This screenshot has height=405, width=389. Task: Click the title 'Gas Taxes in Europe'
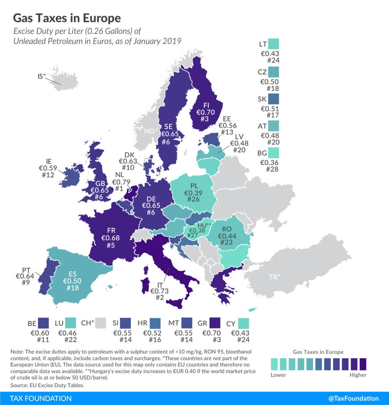(67, 18)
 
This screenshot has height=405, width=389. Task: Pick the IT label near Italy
(156, 284)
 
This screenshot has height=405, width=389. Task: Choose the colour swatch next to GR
(215, 324)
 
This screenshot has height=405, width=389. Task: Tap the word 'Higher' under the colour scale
(358, 375)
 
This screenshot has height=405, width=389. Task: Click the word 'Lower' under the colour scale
(278, 375)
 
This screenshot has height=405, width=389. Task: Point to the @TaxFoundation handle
(353, 398)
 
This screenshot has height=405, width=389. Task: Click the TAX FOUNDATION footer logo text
(41, 398)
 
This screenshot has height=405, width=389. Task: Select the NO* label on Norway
(150, 131)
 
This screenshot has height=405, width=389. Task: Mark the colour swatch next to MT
(186, 324)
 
